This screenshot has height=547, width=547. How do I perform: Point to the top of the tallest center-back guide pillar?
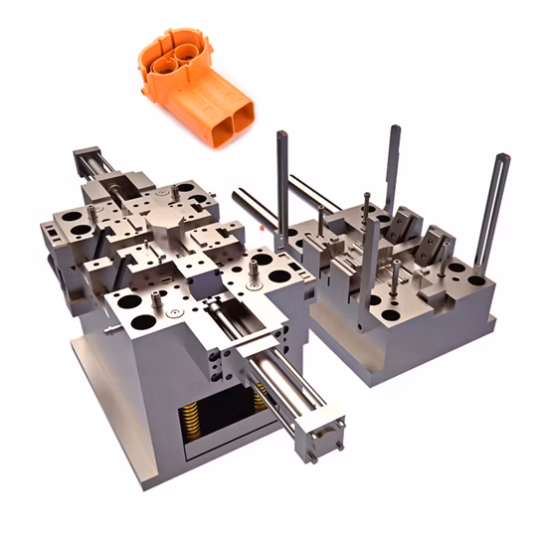pos(394,130)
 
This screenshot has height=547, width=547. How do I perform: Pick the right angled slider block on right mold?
pos(436,245)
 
